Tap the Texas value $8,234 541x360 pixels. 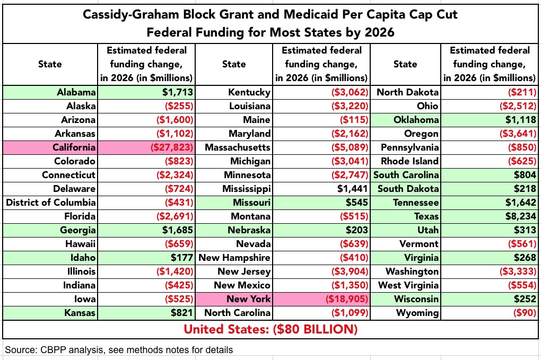518,216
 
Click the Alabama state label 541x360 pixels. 76,92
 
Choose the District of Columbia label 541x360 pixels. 51,203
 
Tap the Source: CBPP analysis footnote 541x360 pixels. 119,350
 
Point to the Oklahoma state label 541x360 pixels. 417,120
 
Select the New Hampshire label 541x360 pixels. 234,258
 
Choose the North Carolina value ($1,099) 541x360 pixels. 350,313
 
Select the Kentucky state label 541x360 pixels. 249,92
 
